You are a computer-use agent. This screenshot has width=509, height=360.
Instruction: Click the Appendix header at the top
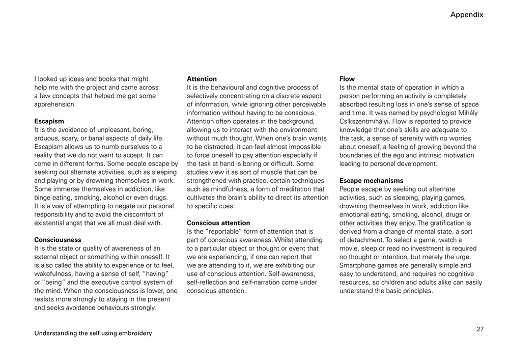[466, 15]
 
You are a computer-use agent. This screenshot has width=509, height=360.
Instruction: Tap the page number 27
[480, 329]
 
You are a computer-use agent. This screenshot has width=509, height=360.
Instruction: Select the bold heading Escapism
[49, 121]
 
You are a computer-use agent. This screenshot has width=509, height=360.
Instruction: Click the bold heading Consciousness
[58, 240]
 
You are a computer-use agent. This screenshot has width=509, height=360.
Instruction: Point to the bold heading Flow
[347, 79]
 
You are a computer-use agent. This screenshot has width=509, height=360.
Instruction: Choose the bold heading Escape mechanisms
[371, 181]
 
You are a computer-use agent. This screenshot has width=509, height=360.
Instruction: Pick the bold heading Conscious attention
[218, 223]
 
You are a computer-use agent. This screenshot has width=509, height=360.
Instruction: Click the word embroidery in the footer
[133, 334]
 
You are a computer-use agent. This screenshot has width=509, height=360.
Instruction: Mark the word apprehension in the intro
[54, 104]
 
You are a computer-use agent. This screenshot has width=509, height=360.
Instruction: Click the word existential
[53, 223]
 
